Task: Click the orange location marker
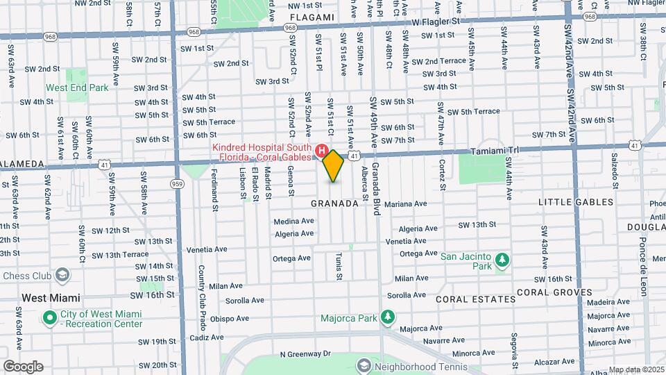334,166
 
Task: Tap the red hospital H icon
321,150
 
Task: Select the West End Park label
77,88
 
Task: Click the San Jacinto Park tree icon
502,261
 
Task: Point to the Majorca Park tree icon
388,319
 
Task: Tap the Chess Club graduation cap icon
62,275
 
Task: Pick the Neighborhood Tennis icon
364,365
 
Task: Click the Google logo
22,367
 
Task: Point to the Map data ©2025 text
635,369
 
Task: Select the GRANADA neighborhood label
334,203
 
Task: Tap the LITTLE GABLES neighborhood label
576,202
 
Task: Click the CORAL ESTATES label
475,299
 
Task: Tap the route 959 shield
178,184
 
